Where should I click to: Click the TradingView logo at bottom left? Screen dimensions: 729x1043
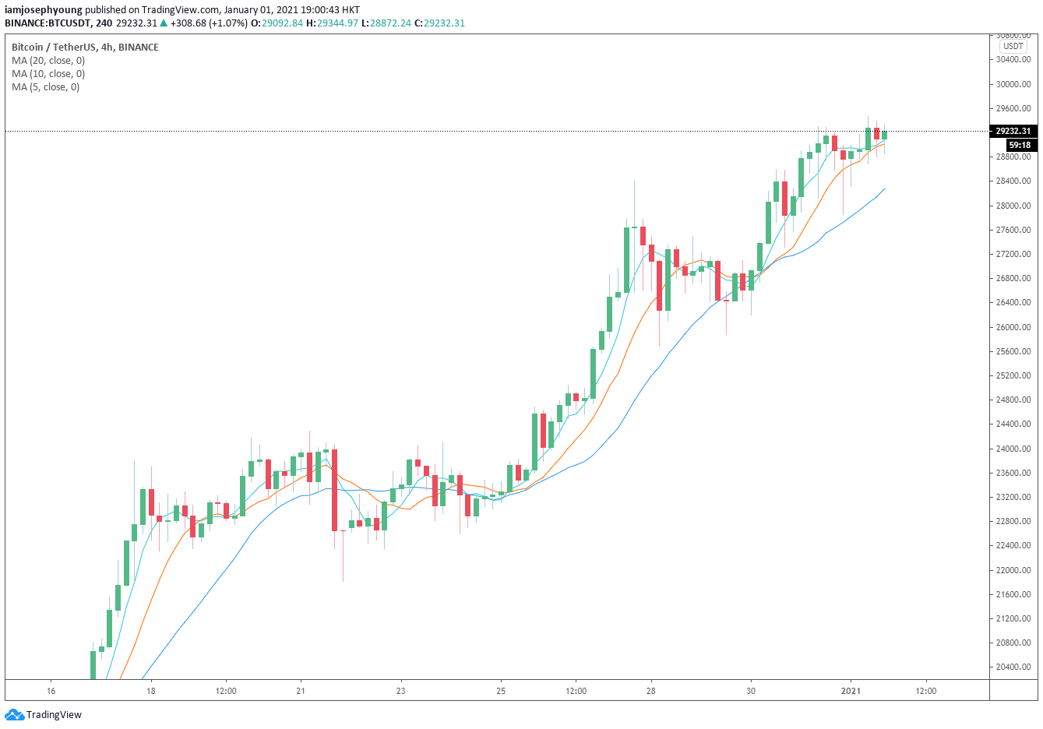pos(43,714)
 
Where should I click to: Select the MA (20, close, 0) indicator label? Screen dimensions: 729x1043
pos(48,61)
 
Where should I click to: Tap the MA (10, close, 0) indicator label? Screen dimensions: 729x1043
pos(48,74)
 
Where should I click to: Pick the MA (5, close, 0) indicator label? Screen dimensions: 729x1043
pos(45,87)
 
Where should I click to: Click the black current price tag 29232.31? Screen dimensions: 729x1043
pos(1013,131)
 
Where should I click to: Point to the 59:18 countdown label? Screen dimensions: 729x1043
pos(1020,145)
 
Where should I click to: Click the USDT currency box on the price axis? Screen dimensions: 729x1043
pos(1013,46)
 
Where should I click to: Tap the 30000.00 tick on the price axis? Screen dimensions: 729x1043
pos(1014,84)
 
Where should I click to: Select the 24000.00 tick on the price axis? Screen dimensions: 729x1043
pos(1014,449)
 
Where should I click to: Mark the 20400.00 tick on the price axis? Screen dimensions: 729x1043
pos(1014,667)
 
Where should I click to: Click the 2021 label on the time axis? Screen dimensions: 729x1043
pos(851,691)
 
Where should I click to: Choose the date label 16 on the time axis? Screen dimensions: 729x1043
pos(51,691)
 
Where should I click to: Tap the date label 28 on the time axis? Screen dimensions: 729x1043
pos(650,691)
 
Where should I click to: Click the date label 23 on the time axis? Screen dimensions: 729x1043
pos(400,691)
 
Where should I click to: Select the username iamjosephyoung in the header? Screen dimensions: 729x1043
pos(43,10)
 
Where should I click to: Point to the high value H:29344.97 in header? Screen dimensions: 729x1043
pos(332,23)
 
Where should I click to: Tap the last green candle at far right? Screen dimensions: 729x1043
pos(884,135)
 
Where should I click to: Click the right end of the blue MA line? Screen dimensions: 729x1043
pos(883,189)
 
